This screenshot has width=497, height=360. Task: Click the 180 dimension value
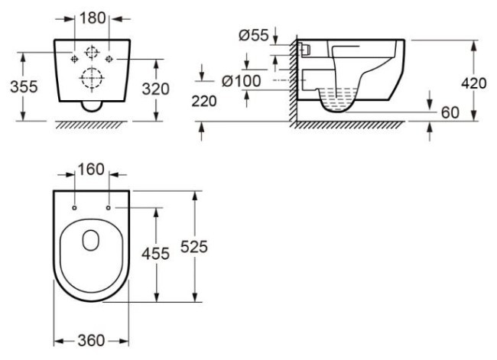(93, 18)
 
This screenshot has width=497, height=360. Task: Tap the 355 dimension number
(24, 87)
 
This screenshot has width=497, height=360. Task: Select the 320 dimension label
(155, 89)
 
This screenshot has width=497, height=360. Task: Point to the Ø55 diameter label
(254, 35)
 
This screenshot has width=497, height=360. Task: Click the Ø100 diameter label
(241, 81)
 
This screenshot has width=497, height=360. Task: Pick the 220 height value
(204, 102)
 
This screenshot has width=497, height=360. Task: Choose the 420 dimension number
(473, 83)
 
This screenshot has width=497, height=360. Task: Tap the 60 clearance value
(450, 113)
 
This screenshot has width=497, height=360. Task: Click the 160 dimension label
(91, 170)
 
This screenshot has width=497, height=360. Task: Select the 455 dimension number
(155, 255)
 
